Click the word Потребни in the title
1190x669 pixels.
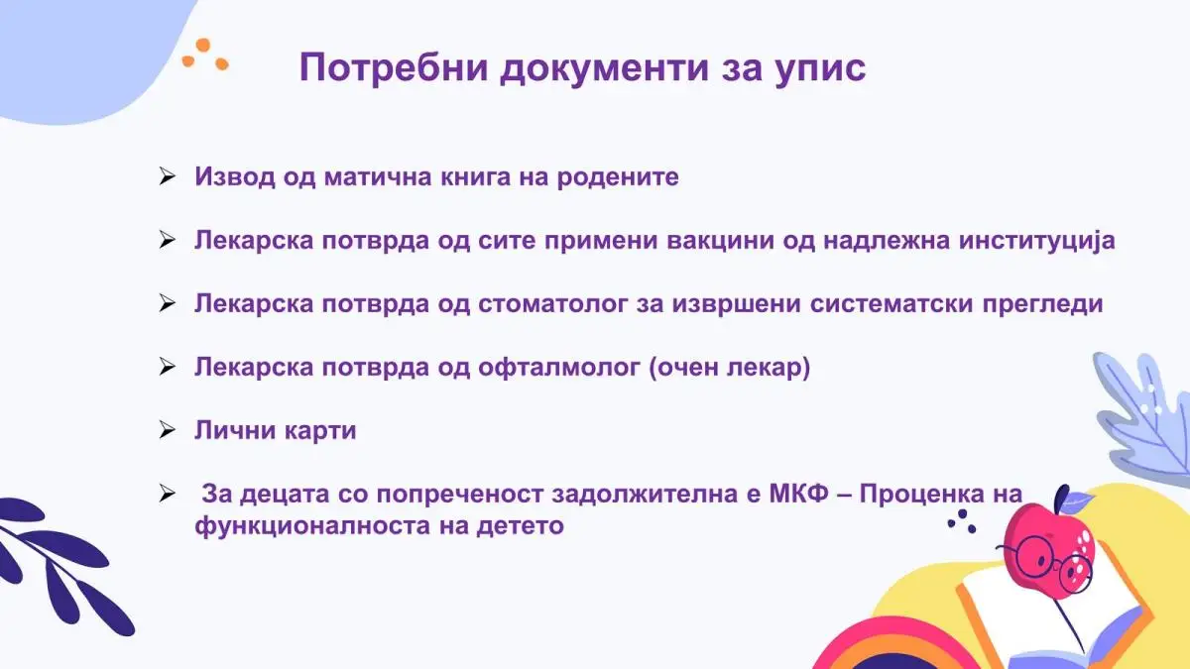pos(394,68)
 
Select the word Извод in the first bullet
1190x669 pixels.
pos(235,177)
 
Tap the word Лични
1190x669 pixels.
pos(235,430)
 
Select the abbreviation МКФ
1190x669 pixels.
pos(799,494)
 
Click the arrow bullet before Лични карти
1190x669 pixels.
pos(167,430)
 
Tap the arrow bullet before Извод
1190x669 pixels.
pos(167,176)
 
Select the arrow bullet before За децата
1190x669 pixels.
pos(167,495)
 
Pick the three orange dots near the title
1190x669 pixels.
pos(205,55)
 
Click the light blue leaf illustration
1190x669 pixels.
pos(1142,419)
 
